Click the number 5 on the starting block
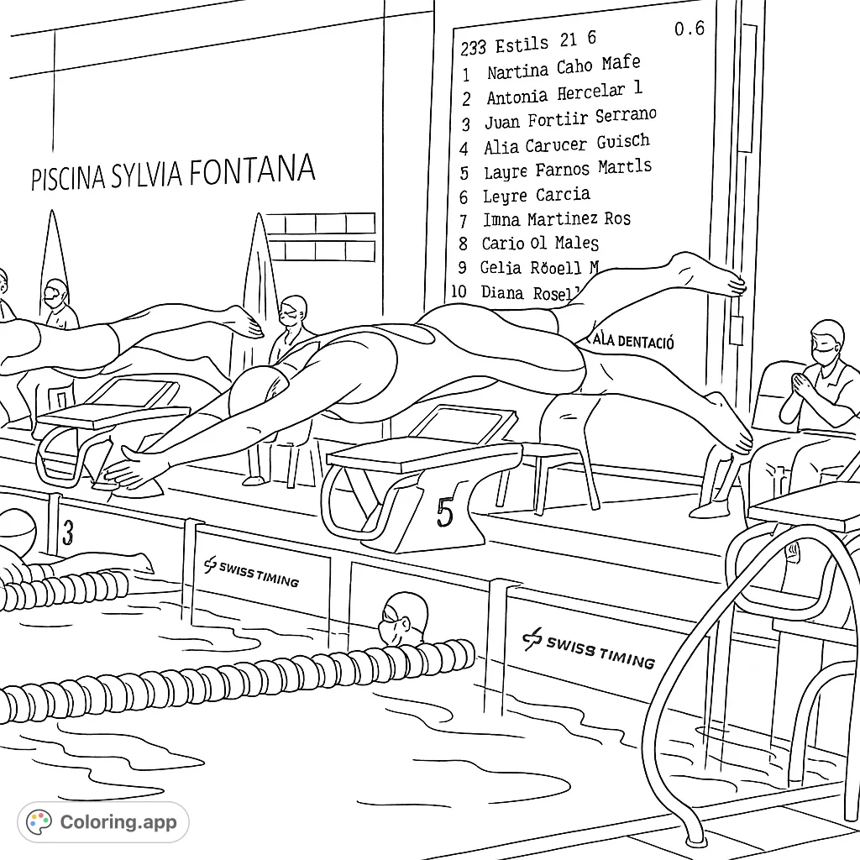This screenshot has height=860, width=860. pos(444,511)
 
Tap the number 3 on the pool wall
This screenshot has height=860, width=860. pos(68,532)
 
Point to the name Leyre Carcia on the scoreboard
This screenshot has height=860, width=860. pos(536,196)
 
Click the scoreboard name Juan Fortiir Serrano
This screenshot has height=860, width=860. pos(570,119)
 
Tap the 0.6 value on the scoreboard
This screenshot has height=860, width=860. pos(690,29)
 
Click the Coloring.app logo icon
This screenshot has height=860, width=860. pos(39,822)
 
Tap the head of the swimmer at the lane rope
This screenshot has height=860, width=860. pos(402,616)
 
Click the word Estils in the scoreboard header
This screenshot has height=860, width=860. pos(522,44)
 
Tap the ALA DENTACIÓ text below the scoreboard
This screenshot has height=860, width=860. pos(634,341)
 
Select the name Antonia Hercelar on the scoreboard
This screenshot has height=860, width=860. pos(555,94)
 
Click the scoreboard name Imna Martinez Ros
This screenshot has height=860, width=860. pos(556,220)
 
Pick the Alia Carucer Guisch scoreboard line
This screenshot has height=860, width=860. pos(566,144)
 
